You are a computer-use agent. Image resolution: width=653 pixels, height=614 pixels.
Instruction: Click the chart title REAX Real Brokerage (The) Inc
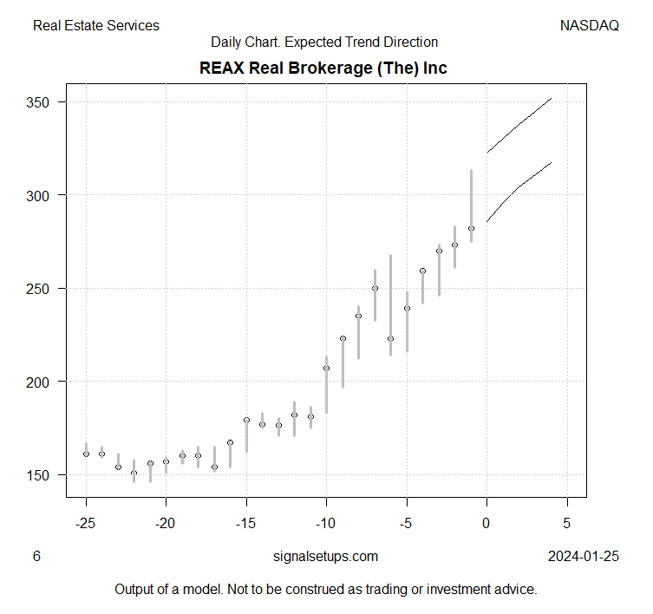tap(323, 67)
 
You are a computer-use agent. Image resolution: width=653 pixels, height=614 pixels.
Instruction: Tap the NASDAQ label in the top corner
tap(590, 25)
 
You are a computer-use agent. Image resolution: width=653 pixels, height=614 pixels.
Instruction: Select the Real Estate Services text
tap(96, 25)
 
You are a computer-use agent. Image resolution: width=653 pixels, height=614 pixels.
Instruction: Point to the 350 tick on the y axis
tap(41, 102)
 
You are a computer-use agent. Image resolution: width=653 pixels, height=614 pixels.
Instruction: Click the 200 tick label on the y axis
tap(41, 382)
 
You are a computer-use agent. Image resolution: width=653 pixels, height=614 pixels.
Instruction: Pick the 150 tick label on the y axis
tap(41, 474)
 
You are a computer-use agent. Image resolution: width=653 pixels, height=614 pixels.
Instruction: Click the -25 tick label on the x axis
tap(86, 524)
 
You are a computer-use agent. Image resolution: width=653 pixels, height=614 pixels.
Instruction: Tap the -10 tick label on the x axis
tap(327, 524)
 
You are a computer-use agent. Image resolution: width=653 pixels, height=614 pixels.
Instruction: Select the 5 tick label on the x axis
tap(567, 524)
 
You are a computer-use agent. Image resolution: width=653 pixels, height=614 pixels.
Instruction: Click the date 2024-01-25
tap(584, 557)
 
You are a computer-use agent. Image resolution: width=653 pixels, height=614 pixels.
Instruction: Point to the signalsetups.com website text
tap(325, 557)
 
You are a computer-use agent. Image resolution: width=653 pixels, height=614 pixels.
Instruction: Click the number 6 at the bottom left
tap(36, 557)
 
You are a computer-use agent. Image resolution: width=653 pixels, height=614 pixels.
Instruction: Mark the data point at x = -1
tap(471, 228)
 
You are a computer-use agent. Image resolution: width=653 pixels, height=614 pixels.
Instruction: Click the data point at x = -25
tap(86, 454)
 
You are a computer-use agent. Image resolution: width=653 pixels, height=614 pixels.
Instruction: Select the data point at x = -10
tap(327, 368)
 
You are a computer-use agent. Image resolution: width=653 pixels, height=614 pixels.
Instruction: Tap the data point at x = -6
tap(391, 338)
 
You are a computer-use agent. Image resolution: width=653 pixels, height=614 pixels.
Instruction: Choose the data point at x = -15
tap(246, 420)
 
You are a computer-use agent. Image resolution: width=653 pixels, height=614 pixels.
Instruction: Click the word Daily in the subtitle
tap(226, 42)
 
